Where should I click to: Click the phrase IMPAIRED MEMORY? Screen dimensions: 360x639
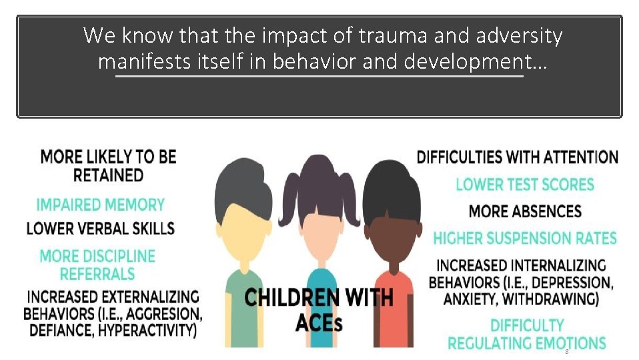click(100, 205)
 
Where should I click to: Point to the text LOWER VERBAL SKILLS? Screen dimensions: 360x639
click(100, 228)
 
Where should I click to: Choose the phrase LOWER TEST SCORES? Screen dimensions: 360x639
click(525, 185)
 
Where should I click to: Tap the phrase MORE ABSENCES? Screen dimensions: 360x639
click(525, 212)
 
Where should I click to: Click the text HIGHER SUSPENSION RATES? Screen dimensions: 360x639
click(525, 238)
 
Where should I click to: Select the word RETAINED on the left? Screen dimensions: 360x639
click(108, 175)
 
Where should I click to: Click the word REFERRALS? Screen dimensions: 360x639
click(97, 274)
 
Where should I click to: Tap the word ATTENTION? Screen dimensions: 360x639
click(580, 157)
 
